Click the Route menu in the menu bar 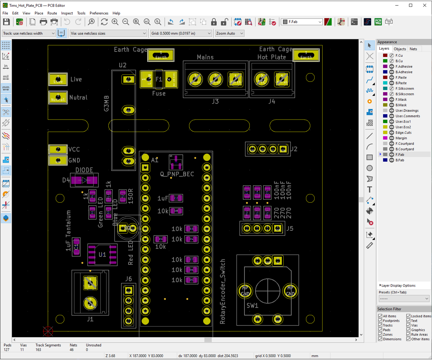click(52, 13)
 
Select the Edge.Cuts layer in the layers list click(403, 132)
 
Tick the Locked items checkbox click(409, 316)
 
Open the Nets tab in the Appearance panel click(413, 49)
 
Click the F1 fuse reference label click(159, 79)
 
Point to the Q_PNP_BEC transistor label click(177, 174)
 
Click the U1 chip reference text click(102, 255)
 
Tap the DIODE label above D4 click(84, 170)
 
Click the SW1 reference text click(252, 306)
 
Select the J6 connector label click(129, 279)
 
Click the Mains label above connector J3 click(205, 57)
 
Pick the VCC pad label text click(74, 149)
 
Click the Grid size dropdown click(181, 33)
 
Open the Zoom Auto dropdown click(230, 33)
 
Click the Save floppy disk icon click(6, 22)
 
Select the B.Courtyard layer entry click(405, 149)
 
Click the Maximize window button click(411, 5)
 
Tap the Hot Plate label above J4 click(271, 57)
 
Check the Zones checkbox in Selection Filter click(380, 334)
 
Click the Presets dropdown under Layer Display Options click(404, 299)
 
